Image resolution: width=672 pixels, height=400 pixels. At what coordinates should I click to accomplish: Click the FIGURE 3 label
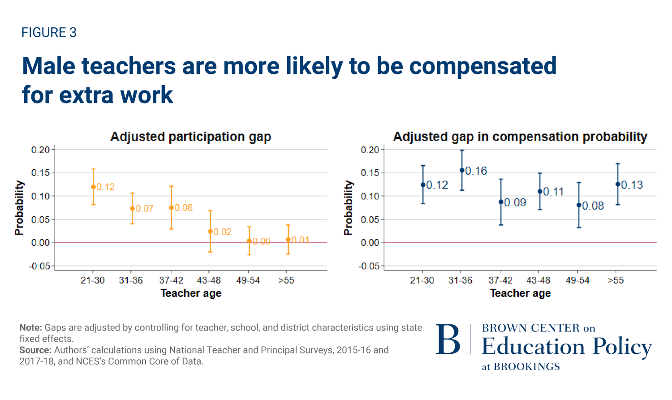coord(49,33)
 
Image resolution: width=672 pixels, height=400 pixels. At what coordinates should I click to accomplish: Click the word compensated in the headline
coord(482,66)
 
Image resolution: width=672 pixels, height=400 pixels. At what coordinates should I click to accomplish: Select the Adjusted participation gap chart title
coord(190,137)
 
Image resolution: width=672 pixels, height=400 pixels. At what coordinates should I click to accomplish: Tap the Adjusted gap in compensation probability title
coord(520,137)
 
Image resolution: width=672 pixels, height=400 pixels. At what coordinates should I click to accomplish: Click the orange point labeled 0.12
coord(93,187)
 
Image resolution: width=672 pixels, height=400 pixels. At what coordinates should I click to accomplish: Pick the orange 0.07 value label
coord(145,208)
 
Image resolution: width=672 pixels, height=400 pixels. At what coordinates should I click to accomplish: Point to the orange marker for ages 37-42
coord(171,208)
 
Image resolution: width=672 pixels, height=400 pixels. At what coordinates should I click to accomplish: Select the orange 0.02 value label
coord(223,232)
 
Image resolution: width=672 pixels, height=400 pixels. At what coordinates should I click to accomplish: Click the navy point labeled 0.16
coord(462,170)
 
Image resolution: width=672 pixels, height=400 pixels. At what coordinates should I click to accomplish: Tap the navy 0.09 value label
coord(515,202)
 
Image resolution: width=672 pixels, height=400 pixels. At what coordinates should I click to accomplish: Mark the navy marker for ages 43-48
coord(540,192)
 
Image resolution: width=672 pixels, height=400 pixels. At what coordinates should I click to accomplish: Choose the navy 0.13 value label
coord(632,185)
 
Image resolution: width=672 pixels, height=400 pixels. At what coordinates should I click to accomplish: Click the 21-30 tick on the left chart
coord(93,280)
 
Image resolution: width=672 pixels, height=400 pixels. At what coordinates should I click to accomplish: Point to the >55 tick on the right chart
coord(616,280)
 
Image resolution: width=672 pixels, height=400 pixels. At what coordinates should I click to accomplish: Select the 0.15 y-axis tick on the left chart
coord(40,173)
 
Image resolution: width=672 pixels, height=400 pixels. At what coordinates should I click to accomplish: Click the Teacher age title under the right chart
coord(520,293)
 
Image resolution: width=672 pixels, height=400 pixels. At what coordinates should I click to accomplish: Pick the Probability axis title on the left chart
coord(19,208)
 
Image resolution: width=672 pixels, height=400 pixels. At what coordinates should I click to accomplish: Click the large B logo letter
coord(448,340)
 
